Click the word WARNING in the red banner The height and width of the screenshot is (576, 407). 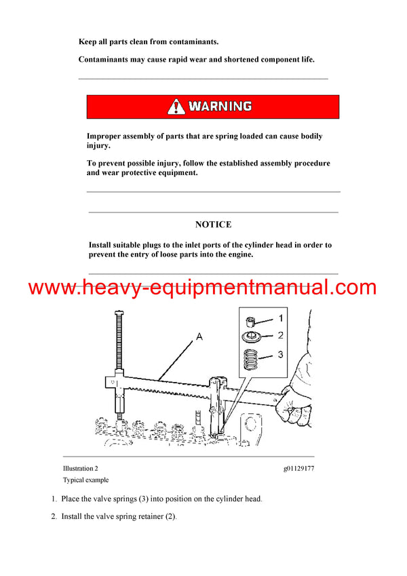220,107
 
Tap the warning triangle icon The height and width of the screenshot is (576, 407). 176,107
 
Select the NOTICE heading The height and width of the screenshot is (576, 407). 213,225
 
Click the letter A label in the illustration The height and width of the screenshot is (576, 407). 199,335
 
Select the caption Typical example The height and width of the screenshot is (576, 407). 85,480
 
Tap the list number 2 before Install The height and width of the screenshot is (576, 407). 54,516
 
